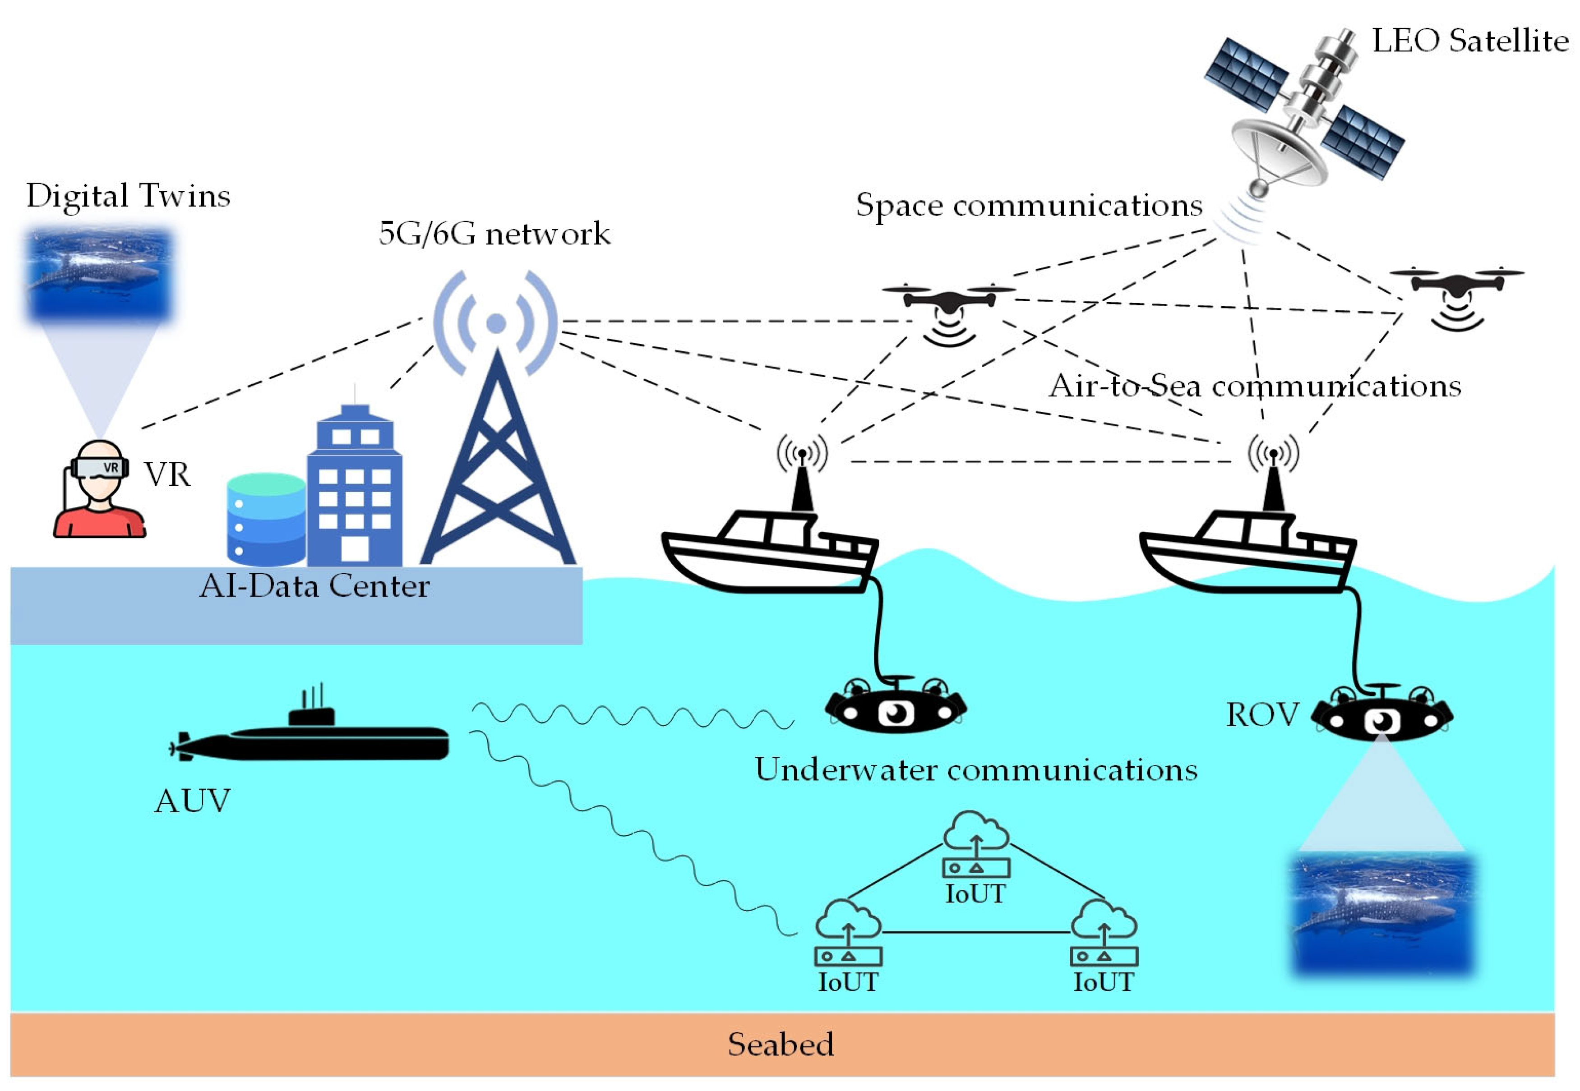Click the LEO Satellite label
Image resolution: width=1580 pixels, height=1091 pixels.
pos(1470,41)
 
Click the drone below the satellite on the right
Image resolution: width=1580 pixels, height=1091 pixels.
pos(1456,290)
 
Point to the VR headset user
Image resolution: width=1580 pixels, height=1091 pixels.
pos(99,489)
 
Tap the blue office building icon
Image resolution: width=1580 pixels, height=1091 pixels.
pos(354,489)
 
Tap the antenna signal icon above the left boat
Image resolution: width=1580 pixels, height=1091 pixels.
pos(802,452)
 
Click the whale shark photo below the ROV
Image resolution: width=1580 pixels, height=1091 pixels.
pos(1382,912)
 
